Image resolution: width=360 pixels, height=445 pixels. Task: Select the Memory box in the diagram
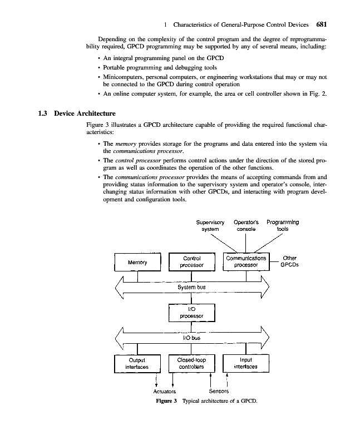pos(137,262)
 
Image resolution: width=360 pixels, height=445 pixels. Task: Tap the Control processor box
pos(191,262)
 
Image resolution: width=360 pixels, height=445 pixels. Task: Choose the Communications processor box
pos(246,262)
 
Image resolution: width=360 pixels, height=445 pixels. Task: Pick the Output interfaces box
pos(137,363)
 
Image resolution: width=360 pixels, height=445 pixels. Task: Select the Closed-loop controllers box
pos(191,363)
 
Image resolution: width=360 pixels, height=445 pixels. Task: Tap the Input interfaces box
pos(246,363)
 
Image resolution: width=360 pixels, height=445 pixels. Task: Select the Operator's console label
pos(248,226)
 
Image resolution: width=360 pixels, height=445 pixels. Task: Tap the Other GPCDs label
pos(290,261)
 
